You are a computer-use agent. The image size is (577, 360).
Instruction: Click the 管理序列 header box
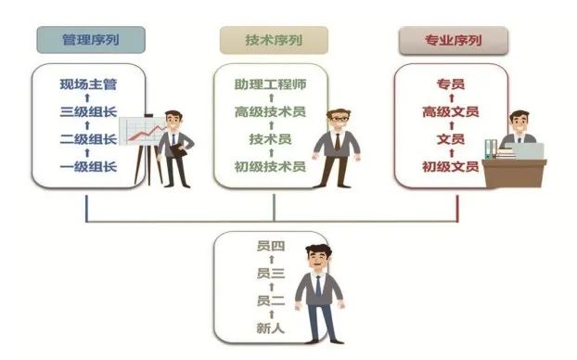pos(91,40)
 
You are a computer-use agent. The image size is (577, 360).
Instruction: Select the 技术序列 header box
pos(274,40)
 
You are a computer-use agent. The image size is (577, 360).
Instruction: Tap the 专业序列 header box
pos(454,41)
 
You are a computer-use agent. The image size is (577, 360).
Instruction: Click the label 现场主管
pos(88,84)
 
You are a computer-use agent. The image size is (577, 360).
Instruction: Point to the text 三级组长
pos(88,111)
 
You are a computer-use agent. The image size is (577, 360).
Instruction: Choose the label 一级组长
pos(88,167)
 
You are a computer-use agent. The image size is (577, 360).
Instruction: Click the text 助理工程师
pos(271,84)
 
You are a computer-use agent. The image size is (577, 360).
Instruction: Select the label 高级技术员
pos(271,111)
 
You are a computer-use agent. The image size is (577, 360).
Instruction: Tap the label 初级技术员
pos(271,167)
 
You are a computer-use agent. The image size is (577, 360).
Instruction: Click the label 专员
pos(451,84)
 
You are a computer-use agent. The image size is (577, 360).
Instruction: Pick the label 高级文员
pos(451,111)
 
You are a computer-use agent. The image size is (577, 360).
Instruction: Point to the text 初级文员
pos(451,167)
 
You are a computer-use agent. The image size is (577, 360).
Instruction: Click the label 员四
pos(271,246)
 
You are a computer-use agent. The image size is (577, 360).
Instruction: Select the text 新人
pos(271,328)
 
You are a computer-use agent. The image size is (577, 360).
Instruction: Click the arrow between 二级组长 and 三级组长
pos(87,125)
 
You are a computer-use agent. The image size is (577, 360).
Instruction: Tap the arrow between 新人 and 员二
pos(271,315)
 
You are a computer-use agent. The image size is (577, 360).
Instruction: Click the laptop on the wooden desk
pos(527,151)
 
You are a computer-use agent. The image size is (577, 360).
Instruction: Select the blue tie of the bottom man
pos(318,286)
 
